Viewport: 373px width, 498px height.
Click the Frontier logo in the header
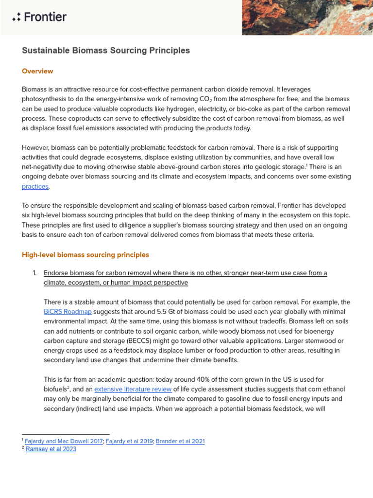click(x=39, y=18)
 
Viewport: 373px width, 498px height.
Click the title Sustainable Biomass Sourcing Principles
click(x=106, y=51)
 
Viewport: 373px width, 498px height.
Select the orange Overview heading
click(x=37, y=71)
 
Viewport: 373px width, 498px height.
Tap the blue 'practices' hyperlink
click(x=35, y=186)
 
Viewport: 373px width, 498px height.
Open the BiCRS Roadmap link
click(x=68, y=311)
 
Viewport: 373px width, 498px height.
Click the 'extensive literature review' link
click(x=133, y=389)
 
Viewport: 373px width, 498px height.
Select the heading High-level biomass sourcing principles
click(x=85, y=255)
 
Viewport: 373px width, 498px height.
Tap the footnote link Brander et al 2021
click(x=180, y=441)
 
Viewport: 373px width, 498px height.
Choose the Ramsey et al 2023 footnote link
click(x=51, y=449)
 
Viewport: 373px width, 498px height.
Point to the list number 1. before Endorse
click(x=35, y=273)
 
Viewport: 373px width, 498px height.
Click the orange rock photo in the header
click(x=306, y=18)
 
